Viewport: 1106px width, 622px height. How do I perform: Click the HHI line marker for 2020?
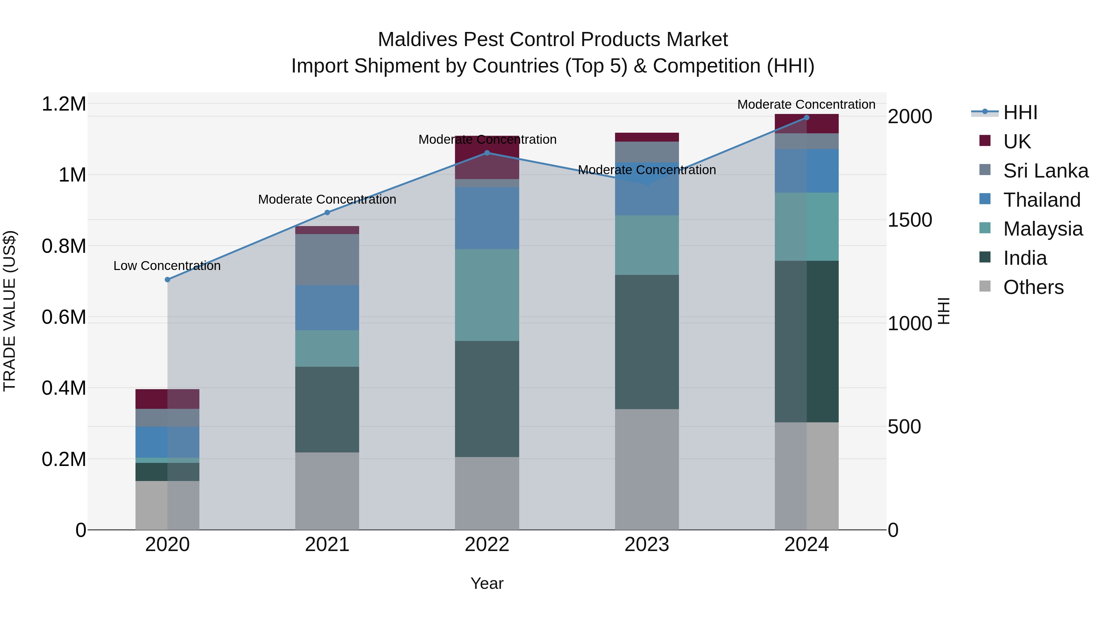point(167,280)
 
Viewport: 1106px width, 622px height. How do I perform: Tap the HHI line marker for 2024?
point(806,118)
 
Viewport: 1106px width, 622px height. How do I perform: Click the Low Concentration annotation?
point(167,266)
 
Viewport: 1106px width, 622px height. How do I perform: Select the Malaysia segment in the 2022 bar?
point(487,295)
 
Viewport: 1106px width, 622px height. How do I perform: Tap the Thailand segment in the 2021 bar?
point(327,307)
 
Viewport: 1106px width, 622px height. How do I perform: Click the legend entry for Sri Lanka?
point(1045,170)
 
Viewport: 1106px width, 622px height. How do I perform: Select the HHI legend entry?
point(1020,112)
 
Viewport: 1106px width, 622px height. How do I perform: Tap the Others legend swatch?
point(985,286)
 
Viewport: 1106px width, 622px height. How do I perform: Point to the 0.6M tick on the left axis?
point(64,317)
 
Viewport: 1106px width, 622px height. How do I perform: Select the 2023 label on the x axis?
point(647,545)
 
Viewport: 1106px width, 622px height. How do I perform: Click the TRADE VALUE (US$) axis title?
point(10,311)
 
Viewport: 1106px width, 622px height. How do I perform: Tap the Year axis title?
point(487,583)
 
